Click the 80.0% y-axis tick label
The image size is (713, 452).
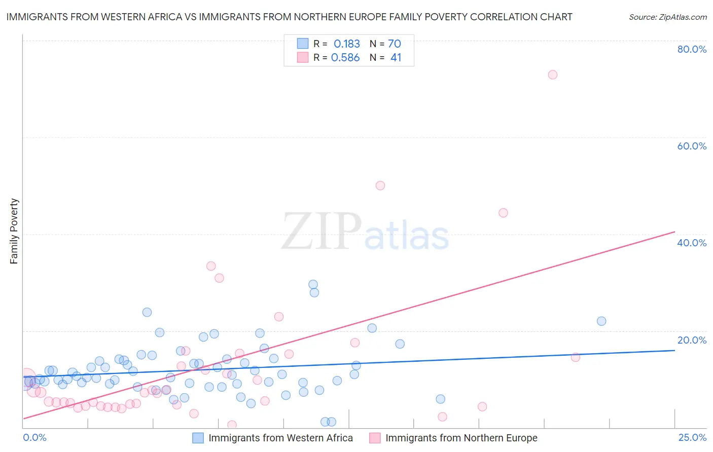coord(692,49)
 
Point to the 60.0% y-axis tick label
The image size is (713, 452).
coord(692,146)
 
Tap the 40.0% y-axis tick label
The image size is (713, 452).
coord(692,243)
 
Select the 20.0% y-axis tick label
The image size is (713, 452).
coord(692,340)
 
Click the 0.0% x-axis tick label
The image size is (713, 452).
coord(34,437)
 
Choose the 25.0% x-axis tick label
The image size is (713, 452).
coord(692,437)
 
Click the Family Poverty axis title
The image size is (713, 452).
coord(14,231)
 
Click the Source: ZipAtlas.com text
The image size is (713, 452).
coord(667,17)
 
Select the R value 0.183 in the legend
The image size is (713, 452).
coord(346,44)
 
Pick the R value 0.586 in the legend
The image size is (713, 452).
coord(345,58)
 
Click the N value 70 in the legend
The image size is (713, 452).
coord(395,44)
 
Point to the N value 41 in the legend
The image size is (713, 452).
coord(396,58)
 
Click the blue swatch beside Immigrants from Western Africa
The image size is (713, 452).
coord(198,438)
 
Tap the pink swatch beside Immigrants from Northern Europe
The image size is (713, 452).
coord(375,438)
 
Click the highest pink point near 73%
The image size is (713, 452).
coord(553,74)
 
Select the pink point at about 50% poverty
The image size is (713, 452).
coord(380,185)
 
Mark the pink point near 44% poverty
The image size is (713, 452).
coord(503,213)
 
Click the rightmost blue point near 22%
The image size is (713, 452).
coord(601,321)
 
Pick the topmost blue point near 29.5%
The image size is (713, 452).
coord(313,285)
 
